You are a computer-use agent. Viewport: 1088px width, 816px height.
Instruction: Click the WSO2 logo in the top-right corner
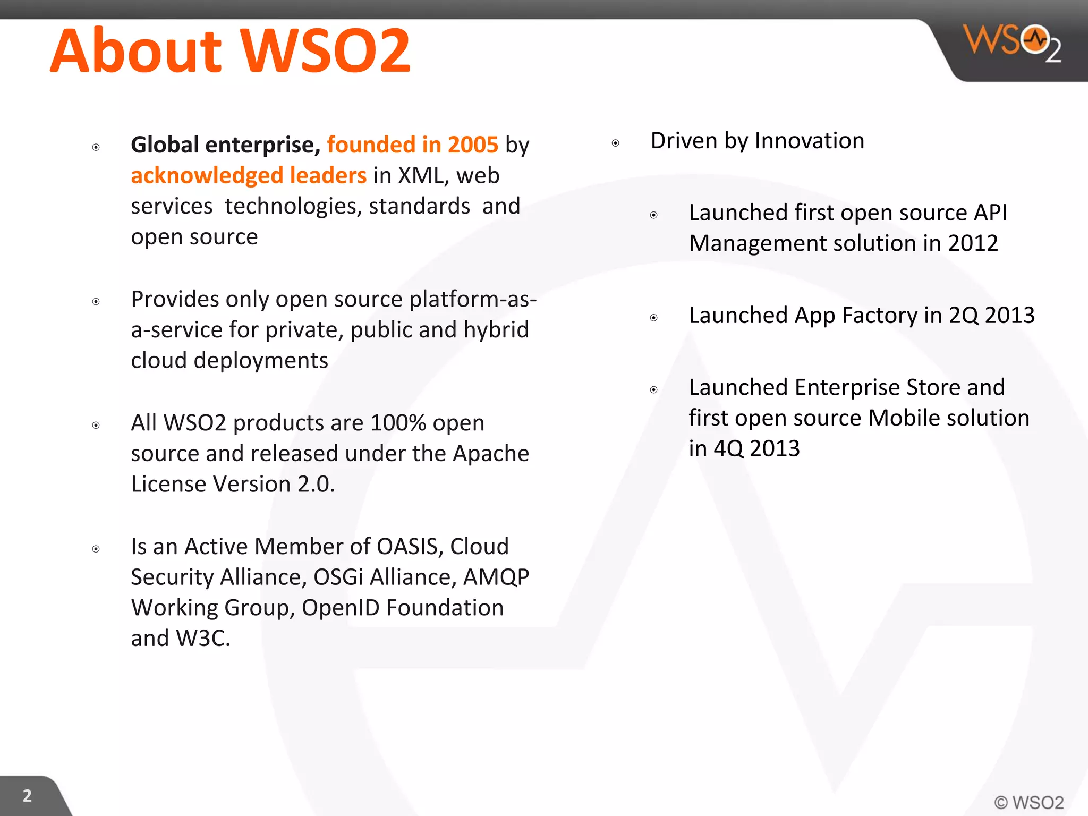tap(1012, 42)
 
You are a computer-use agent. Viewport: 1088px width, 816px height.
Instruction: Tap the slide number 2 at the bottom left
tap(27, 795)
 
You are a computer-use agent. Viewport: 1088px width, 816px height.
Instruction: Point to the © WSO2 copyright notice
tap(1028, 802)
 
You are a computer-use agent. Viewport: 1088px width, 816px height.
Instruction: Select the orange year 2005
tap(473, 144)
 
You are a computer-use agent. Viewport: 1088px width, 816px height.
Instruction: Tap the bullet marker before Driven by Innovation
tap(615, 143)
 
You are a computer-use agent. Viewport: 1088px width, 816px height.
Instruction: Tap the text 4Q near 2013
tap(728, 449)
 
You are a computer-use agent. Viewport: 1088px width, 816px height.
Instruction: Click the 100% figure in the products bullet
tap(398, 423)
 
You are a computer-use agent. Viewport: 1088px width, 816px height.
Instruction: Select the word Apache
tap(491, 454)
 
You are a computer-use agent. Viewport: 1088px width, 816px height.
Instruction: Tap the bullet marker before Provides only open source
tap(96, 302)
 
